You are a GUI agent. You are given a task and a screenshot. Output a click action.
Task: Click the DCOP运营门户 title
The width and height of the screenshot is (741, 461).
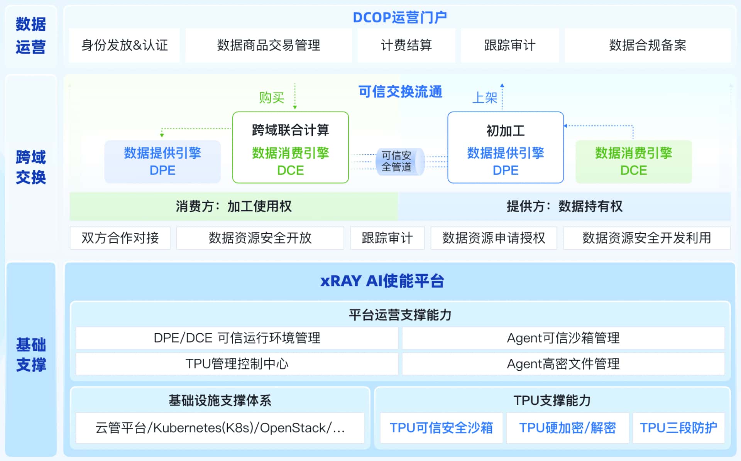point(399,17)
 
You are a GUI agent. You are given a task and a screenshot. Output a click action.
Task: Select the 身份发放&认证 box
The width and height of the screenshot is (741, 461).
point(124,45)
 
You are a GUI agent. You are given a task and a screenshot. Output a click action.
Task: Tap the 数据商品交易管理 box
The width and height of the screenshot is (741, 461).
point(268,45)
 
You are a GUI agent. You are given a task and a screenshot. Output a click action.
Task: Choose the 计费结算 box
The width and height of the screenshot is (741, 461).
point(406,45)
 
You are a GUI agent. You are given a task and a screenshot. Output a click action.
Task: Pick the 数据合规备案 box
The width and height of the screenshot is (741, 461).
point(647,45)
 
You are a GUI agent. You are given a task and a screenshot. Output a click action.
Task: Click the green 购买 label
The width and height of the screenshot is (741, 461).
point(271,97)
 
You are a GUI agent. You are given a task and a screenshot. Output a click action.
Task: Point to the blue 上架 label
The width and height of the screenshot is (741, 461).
point(485,97)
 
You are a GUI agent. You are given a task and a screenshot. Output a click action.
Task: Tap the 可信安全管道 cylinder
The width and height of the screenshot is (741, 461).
point(398,162)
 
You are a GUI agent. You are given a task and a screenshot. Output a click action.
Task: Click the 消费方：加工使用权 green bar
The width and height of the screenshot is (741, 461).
point(233,206)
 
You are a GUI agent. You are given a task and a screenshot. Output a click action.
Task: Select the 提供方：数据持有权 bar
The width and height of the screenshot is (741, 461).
point(564,206)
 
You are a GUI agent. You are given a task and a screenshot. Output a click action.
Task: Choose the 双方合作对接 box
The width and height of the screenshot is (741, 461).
point(120,238)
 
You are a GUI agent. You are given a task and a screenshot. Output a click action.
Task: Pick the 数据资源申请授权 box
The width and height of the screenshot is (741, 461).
point(494,238)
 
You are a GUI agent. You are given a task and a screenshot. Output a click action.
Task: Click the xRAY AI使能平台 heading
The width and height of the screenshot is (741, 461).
point(382,281)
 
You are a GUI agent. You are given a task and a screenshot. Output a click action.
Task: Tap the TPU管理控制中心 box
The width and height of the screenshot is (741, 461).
point(237,364)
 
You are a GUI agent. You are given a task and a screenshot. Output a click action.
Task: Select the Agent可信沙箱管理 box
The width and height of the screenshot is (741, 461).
point(563,338)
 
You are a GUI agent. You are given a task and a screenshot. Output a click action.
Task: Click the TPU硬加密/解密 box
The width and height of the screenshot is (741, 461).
point(567,428)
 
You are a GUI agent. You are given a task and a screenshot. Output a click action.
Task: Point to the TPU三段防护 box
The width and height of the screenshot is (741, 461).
point(678,428)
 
